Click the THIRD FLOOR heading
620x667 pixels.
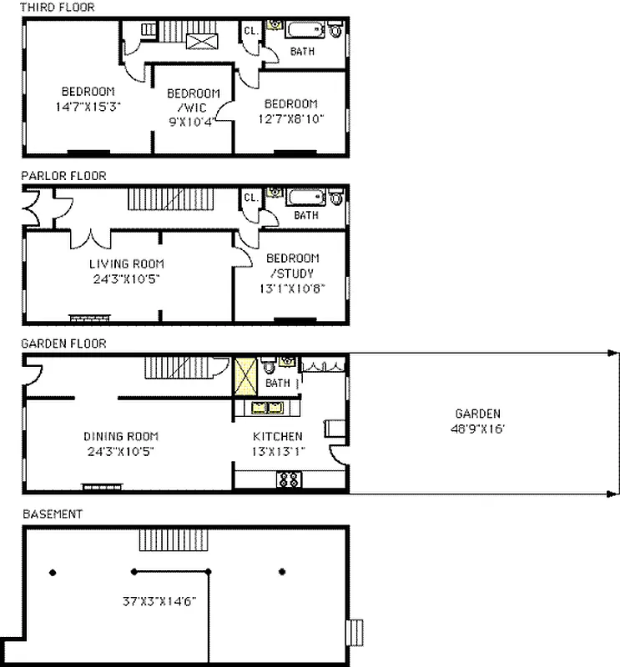58,8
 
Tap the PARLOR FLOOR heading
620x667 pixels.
63,176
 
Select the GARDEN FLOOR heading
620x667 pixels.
63,343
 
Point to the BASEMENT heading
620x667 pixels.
53,514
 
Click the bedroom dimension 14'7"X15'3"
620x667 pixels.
88,106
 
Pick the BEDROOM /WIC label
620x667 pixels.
194,100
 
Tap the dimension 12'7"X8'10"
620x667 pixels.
290,118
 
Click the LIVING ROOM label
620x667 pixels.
127,264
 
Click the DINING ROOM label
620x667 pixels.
121,436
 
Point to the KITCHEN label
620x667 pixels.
278,436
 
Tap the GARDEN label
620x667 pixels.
478,414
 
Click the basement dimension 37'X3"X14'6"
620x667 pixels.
159,599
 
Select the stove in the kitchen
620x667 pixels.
289,479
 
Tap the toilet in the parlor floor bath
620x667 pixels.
335,198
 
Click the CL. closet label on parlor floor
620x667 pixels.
250,198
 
